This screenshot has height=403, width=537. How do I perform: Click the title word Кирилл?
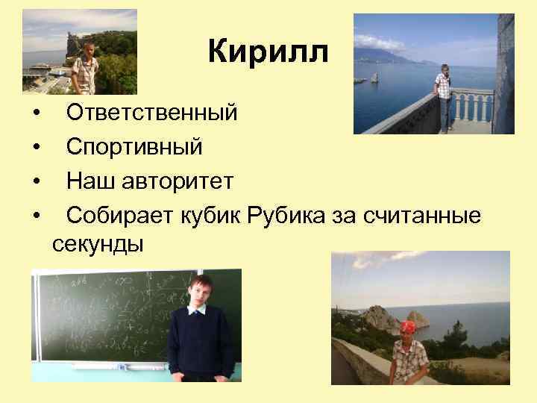coord(268,52)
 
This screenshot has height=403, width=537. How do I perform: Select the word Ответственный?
coord(152,113)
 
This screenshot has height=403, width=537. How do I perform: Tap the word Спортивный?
coord(134,147)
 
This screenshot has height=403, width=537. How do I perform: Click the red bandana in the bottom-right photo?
coord(407,327)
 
